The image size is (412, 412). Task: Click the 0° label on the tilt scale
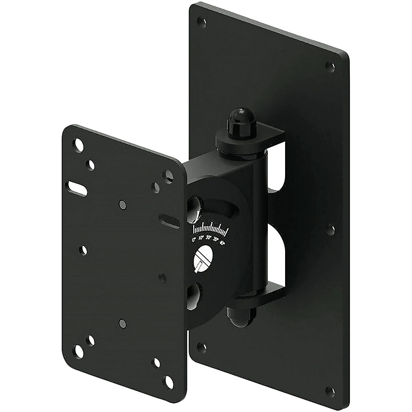tap(194, 239)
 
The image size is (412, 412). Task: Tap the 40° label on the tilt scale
tap(222, 243)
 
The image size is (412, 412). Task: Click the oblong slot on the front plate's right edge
tap(169, 221)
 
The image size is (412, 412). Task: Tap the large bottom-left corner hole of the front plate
tap(78, 351)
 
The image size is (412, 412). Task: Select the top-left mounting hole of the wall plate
tap(201, 21)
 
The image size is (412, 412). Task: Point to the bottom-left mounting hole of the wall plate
tap(201, 347)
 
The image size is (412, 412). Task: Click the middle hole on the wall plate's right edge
tap(331, 229)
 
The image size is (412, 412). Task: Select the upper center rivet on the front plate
tap(122, 204)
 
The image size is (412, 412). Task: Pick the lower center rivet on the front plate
tap(122, 323)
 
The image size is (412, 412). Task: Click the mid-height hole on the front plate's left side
tap(84, 249)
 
